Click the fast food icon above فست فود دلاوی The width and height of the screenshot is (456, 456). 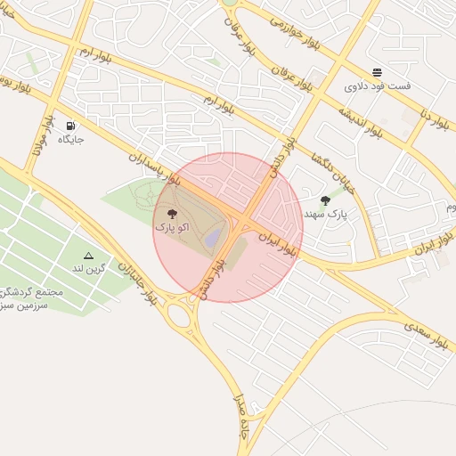pos(378,72)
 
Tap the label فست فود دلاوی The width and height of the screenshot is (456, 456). pos(378,86)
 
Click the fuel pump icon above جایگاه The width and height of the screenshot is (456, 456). pos(71,126)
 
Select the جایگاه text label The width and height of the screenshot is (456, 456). pos(70,139)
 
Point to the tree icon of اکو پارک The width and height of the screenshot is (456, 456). pos(172,214)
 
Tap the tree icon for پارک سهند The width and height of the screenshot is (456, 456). pos(324,200)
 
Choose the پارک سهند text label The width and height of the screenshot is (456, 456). pos(324,214)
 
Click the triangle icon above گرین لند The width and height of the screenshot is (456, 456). pos(88,256)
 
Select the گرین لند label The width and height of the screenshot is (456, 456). pos(89,268)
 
